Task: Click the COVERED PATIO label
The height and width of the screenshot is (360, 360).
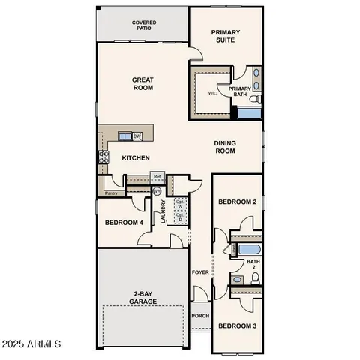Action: (x=143, y=25)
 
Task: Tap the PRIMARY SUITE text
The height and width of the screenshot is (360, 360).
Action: (x=224, y=36)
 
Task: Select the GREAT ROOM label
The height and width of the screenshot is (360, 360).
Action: (x=142, y=83)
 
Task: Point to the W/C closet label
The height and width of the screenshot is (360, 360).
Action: (x=212, y=94)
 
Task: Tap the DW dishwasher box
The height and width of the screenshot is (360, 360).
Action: (x=137, y=136)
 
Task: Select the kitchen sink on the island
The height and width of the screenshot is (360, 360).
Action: (x=124, y=136)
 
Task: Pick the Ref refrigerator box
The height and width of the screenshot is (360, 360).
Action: (x=157, y=178)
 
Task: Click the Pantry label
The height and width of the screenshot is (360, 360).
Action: (x=111, y=193)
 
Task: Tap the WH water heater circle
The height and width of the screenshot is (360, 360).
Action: (x=157, y=192)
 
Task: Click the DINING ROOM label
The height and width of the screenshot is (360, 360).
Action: (x=225, y=147)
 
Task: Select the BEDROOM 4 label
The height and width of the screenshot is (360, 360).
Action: (x=124, y=223)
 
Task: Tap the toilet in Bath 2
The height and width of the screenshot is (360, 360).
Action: (x=255, y=278)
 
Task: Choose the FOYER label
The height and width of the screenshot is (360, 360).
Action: (x=199, y=272)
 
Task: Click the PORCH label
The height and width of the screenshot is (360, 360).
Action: (x=199, y=316)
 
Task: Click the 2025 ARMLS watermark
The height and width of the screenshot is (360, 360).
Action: (x=31, y=344)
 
